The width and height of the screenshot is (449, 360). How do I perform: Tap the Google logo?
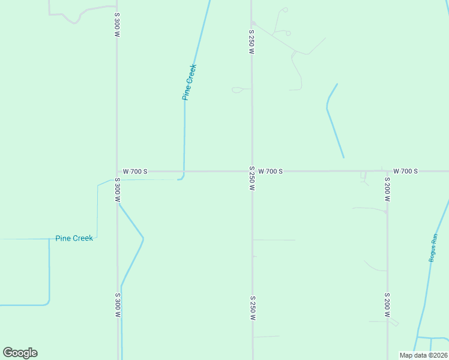click(20, 353)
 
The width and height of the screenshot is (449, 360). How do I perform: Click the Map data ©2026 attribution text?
click(423, 355)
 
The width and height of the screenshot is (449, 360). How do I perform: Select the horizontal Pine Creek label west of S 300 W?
click(74, 238)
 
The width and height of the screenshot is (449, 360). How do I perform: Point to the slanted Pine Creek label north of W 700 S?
click(190, 82)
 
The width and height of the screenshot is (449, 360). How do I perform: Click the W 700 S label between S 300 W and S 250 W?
click(135, 172)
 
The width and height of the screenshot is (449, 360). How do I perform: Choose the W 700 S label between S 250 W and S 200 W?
click(270, 172)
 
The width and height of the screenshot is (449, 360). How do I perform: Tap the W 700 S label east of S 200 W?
click(406, 172)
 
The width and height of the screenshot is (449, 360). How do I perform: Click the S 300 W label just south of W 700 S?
click(117, 190)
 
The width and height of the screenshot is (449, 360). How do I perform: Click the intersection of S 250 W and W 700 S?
click(252, 171)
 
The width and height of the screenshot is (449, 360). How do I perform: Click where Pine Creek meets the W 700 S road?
click(184, 172)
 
